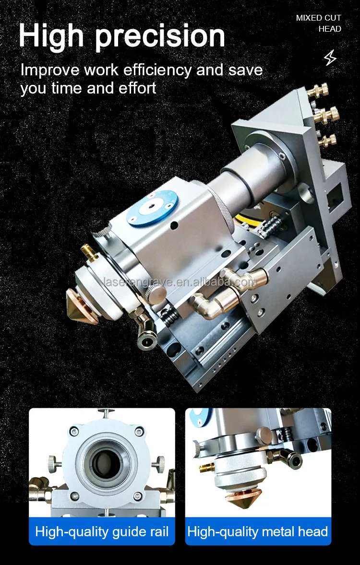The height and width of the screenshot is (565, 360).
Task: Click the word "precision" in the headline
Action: (160, 36)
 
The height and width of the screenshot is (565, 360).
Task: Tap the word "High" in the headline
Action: (51, 36)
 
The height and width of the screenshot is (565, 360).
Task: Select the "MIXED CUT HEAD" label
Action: (319, 23)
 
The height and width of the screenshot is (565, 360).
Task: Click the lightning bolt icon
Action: (330, 57)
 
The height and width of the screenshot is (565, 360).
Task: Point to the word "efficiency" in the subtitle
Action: (157, 70)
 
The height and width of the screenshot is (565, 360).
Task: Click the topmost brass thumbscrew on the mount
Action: (317, 89)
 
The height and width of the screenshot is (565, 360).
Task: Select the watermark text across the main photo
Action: (179, 282)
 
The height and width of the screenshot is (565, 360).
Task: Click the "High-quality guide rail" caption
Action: (102, 531)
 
